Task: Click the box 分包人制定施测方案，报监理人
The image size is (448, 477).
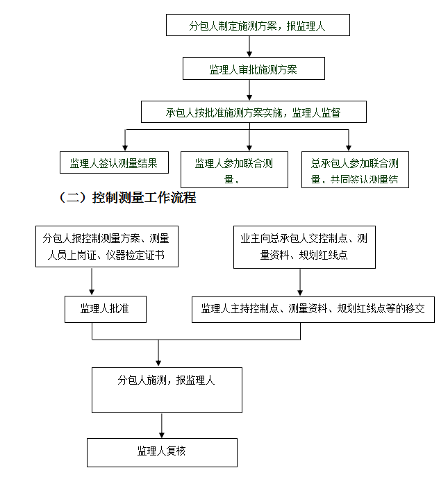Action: pyautogui.click(x=258, y=25)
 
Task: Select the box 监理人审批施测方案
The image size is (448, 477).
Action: pyautogui.click(x=254, y=69)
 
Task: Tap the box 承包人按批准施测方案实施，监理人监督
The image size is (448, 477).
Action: pyautogui.click(x=254, y=112)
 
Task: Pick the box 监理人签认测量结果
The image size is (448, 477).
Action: pyautogui.click(x=114, y=162)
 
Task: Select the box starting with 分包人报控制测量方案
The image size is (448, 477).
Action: pyautogui.click(x=106, y=246)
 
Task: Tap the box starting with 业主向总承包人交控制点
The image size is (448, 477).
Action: pyautogui.click(x=304, y=246)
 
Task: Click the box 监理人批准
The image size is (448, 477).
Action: pyautogui.click(x=106, y=309)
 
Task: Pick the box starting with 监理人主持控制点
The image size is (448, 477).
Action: pyautogui.click(x=313, y=309)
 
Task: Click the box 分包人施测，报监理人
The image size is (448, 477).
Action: pyautogui.click(x=167, y=390)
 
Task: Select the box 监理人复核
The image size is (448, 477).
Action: pyautogui.click(x=162, y=452)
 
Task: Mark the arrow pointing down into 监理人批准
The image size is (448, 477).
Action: pyautogui.click(x=92, y=282)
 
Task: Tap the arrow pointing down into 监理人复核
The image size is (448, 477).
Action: pyautogui.click(x=162, y=426)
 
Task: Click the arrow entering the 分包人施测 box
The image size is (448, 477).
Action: pyautogui.click(x=159, y=354)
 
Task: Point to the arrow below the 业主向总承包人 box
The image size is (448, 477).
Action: pyautogui.click(x=300, y=282)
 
